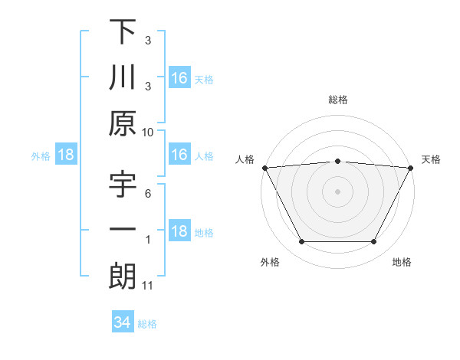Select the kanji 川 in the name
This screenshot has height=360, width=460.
(123, 77)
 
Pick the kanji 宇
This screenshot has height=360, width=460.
(123, 185)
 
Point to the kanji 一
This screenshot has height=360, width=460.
(123, 230)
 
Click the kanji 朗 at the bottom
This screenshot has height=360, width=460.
(123, 276)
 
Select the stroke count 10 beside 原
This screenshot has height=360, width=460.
(148, 132)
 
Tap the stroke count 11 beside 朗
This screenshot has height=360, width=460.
(148, 286)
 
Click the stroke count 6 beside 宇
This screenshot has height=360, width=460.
(148, 194)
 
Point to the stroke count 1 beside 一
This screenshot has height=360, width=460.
(148, 240)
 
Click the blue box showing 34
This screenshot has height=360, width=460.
(122, 322)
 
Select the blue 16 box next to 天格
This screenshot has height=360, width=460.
(179, 78)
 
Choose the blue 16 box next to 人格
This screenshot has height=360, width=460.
(179, 155)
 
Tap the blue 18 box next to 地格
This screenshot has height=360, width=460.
(179, 232)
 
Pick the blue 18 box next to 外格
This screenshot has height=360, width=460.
(66, 155)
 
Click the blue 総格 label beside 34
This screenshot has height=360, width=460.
(147, 324)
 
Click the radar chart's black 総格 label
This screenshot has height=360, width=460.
(337, 100)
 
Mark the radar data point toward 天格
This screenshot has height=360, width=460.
(411, 167)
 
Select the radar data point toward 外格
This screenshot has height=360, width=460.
(301, 242)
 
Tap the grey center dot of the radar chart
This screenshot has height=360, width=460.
(337, 191)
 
